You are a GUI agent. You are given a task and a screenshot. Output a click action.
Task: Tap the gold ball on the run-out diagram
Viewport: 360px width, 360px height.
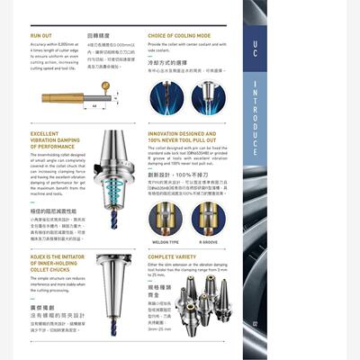pyautogui.click(x=104, y=86)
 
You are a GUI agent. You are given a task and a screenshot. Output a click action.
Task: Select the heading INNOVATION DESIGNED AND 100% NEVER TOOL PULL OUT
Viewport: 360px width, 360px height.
pyautogui.click(x=185, y=137)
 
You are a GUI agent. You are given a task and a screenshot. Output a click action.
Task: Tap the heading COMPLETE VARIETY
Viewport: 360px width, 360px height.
pyautogui.click(x=173, y=256)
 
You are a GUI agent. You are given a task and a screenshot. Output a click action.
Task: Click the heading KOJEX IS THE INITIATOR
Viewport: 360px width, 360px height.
pyautogui.click(x=56, y=260)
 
